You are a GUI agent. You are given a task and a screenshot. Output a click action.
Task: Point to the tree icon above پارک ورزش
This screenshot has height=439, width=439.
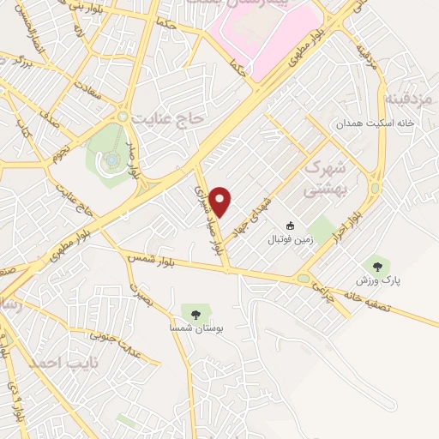pos(374,264)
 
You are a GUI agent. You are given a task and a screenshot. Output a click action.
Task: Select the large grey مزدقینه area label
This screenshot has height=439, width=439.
pos(412,96)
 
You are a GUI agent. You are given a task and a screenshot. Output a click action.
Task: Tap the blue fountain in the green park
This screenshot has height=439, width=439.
pos(112,159)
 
